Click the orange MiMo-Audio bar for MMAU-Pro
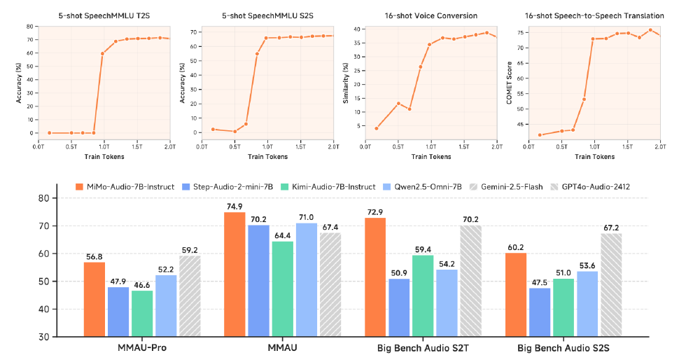click(x=94, y=298)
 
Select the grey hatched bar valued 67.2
click(x=610, y=284)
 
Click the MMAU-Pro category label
click(x=142, y=348)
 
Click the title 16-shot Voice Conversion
click(x=430, y=15)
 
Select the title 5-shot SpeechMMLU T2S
click(x=104, y=15)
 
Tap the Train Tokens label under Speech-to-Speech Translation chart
click(x=594, y=156)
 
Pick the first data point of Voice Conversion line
click(x=377, y=128)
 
